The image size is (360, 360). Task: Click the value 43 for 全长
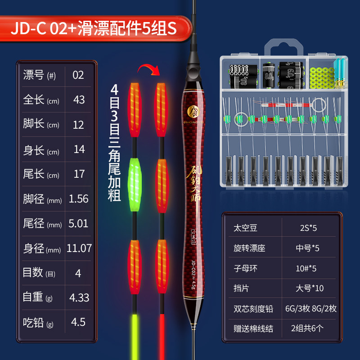pos(79,99)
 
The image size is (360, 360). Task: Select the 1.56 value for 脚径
pos(79,198)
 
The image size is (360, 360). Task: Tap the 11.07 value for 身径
pos(79,248)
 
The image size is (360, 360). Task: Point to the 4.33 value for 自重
pos(79,297)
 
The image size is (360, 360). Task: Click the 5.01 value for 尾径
pos(79,223)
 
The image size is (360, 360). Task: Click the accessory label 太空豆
pos(243,228)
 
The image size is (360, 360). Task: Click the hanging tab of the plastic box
pos(283,48)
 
